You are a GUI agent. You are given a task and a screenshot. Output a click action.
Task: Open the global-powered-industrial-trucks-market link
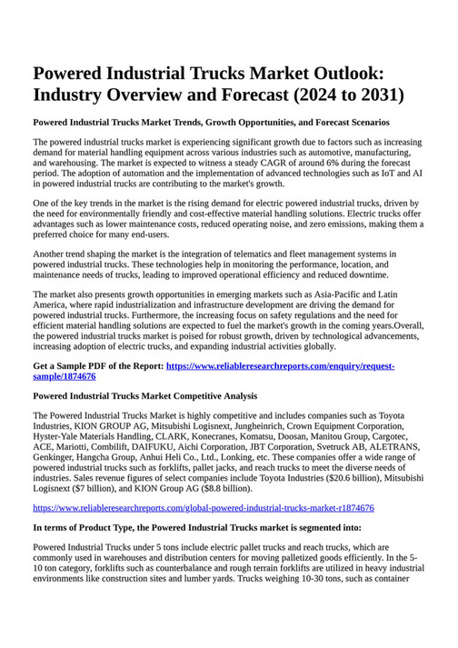coord(203,508)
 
